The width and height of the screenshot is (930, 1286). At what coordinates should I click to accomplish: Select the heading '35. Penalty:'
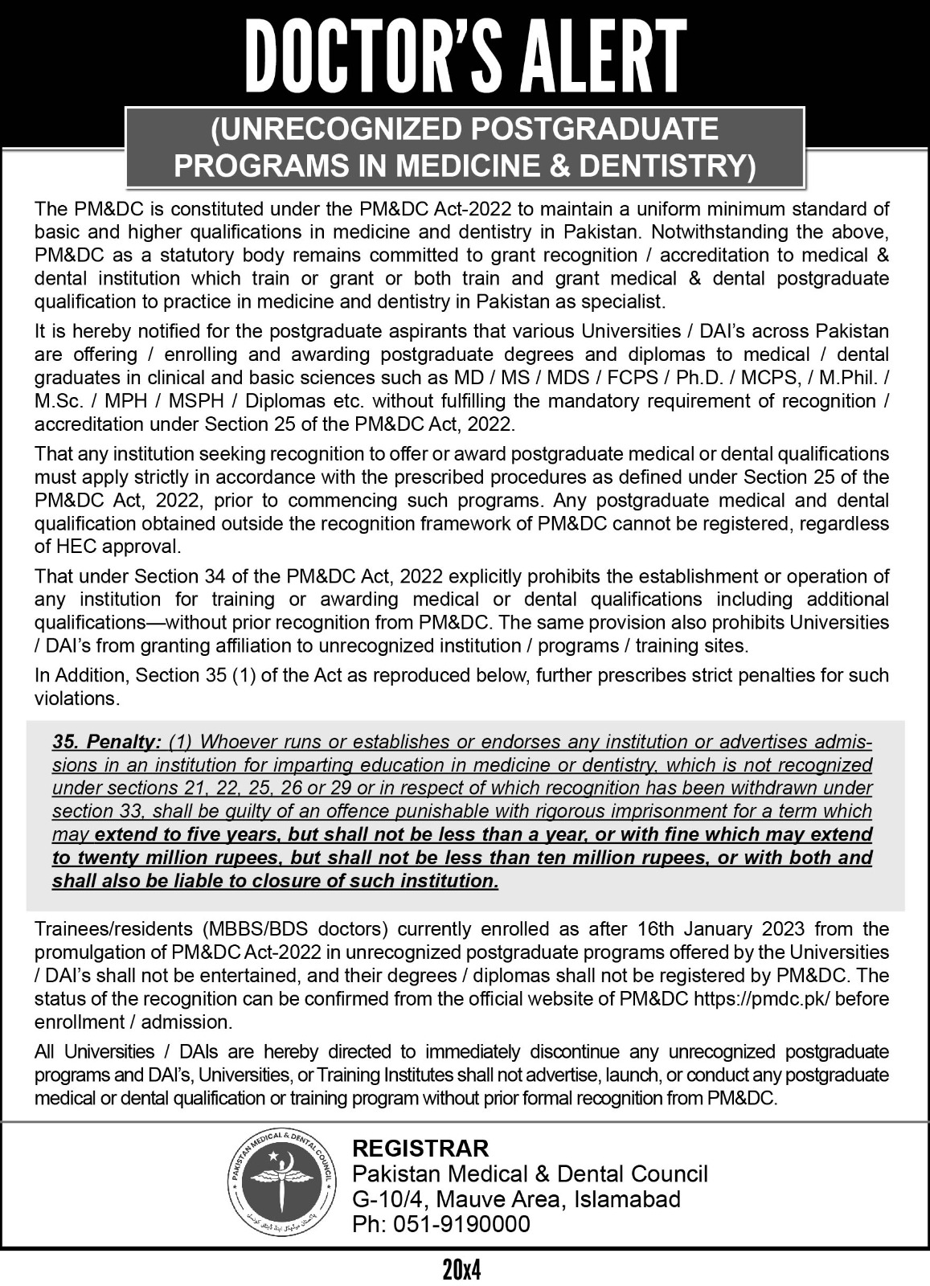click(x=107, y=740)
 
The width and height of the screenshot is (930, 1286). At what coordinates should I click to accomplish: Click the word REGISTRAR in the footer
click(x=420, y=1147)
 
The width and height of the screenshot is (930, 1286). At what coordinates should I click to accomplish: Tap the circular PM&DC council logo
click(x=287, y=1186)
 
